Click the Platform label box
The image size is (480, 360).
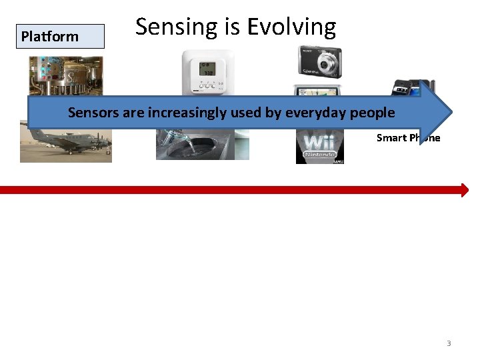click(61, 37)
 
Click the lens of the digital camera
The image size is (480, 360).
click(327, 65)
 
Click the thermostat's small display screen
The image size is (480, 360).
click(208, 71)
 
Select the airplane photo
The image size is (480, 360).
click(65, 143)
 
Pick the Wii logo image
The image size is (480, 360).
click(319, 147)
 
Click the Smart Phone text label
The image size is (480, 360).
click(408, 138)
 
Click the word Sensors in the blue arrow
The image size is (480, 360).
click(93, 113)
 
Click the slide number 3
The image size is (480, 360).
click(449, 343)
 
